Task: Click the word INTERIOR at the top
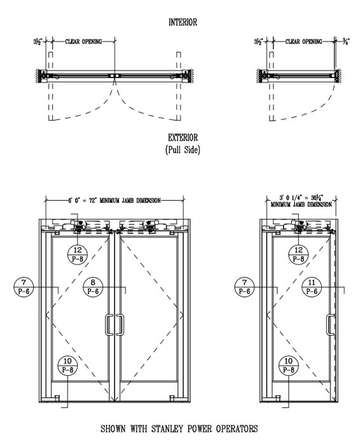click(183, 22)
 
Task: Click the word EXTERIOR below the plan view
click(183, 138)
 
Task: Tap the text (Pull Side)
click(183, 149)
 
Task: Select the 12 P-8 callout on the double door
click(77, 254)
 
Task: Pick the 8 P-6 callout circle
click(93, 287)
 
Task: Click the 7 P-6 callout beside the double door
click(24, 287)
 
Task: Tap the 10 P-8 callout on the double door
click(67, 366)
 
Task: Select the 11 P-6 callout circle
click(312, 287)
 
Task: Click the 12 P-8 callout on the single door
click(298, 254)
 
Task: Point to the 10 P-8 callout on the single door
click(289, 366)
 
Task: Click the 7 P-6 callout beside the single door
click(244, 287)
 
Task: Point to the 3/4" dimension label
click(346, 42)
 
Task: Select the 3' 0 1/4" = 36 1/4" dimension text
click(301, 197)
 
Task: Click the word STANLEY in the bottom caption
click(167, 428)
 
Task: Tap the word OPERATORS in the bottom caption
click(237, 428)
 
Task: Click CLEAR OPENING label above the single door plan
click(303, 42)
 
